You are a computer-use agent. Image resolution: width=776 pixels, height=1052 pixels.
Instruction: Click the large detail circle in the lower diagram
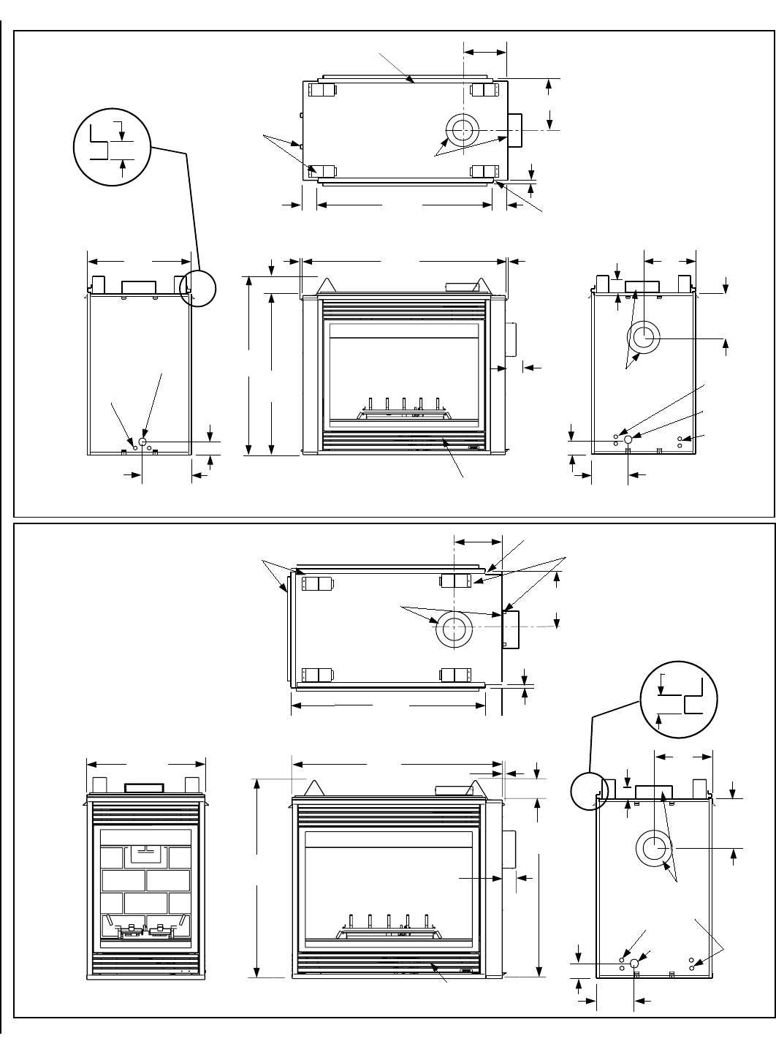[679, 703]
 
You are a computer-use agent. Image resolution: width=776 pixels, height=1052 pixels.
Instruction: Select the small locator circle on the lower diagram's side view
[589, 792]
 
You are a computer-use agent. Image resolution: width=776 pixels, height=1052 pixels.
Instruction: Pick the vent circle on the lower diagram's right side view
[654, 849]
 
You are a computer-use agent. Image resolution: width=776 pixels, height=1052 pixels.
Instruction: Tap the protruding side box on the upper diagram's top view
[515, 130]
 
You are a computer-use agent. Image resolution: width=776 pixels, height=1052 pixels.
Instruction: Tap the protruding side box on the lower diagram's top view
[511, 629]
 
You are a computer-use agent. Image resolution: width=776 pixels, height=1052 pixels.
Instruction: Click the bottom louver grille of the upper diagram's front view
[402, 442]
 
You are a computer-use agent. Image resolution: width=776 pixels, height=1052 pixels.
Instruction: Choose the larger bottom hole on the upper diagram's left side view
[142, 442]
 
